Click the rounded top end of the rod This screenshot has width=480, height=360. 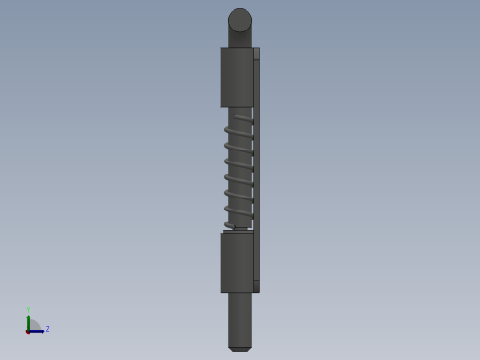240,19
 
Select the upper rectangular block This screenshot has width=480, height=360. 236,77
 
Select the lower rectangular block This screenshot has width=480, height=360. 236,262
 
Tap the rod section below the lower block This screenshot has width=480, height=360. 240,318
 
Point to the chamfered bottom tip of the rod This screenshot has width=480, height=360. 240,349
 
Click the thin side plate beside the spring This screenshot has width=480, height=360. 257,171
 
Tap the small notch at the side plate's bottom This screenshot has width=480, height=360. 257,286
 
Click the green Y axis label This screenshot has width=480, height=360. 28,310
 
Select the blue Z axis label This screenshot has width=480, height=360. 47,329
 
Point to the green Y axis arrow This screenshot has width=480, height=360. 28,321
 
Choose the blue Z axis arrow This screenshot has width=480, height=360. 38,331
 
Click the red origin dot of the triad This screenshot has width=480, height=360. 28,331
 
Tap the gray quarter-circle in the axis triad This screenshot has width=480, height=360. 33,326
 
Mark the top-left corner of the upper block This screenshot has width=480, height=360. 221,48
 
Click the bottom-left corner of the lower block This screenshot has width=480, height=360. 221,292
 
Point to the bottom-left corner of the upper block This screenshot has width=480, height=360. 221,107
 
